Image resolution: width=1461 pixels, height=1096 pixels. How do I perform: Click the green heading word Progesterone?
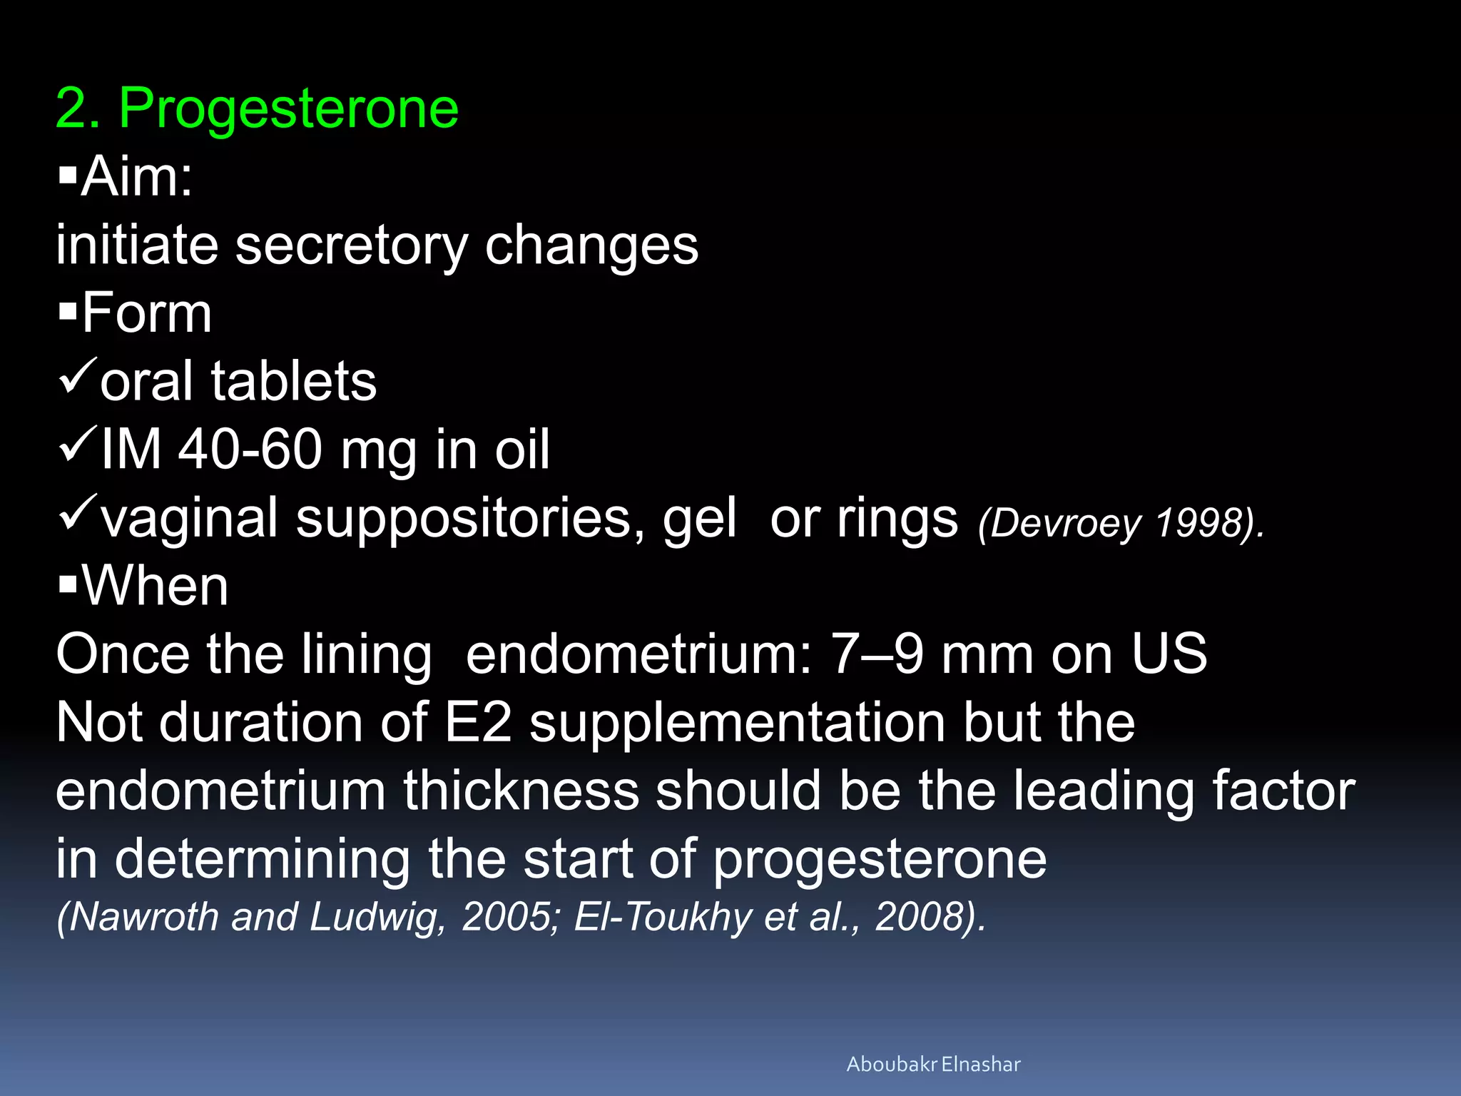click(288, 108)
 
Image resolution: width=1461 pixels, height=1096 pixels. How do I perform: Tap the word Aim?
click(136, 176)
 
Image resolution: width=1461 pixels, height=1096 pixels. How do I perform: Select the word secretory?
click(351, 245)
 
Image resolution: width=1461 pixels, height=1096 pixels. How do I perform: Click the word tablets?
click(293, 381)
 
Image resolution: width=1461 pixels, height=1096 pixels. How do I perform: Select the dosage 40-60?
click(250, 449)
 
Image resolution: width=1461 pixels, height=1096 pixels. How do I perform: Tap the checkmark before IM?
click(77, 443)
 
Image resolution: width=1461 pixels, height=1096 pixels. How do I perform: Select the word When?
click(155, 586)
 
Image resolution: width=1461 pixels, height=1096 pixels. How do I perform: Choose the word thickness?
click(521, 791)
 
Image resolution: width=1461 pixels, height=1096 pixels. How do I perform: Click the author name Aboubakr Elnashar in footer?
click(933, 1064)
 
